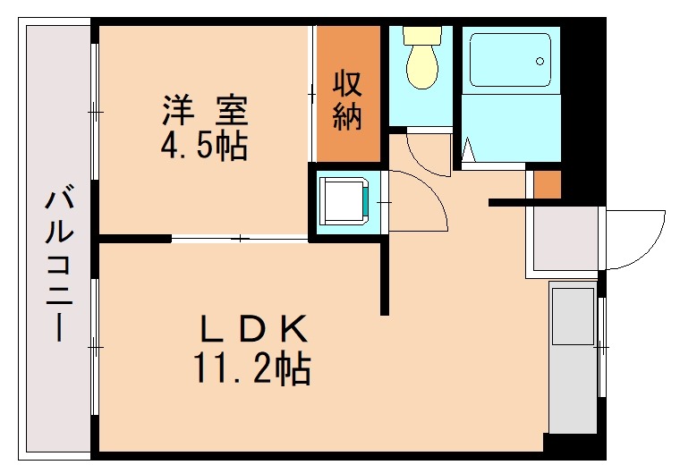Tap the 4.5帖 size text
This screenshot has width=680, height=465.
click(205, 145)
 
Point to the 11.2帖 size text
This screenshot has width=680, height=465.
click(251, 367)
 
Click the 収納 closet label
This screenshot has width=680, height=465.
click(347, 100)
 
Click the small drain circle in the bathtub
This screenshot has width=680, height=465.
click(540, 61)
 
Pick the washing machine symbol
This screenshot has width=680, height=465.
click(345, 200)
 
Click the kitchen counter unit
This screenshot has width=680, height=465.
click(573, 358)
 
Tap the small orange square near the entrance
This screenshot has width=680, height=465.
click(547, 184)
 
